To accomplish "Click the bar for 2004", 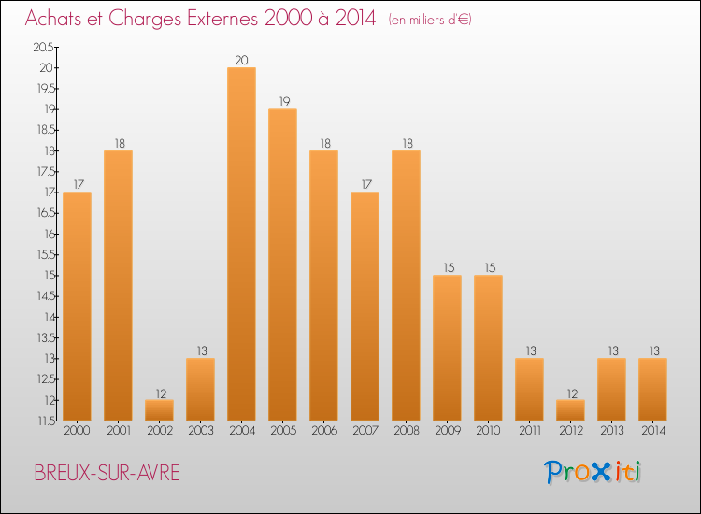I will pos(241,244).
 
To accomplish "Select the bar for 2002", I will pos(159,410).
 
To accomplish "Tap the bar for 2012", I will pos(570,410).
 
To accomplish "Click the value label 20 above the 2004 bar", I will pos(241,61).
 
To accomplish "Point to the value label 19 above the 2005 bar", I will pos(282,102).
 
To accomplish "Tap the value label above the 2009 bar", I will pos(447,268).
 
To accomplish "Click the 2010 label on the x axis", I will pos(488,431).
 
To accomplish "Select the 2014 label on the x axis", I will pos(652,431).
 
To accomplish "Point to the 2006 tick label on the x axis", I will pos(323,431).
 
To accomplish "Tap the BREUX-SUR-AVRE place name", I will pos(106,473).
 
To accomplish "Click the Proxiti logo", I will pos(594,472).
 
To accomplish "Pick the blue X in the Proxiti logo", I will pos(599,473).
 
